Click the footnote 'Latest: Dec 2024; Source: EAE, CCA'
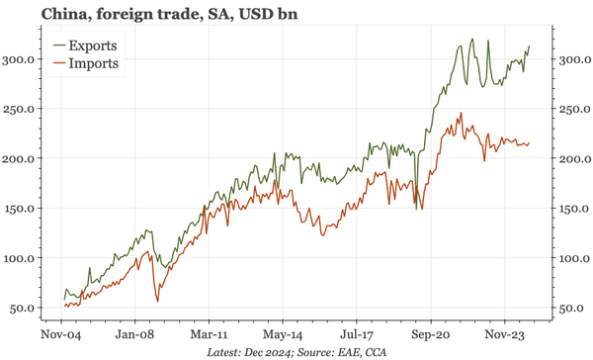tap(296, 351)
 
